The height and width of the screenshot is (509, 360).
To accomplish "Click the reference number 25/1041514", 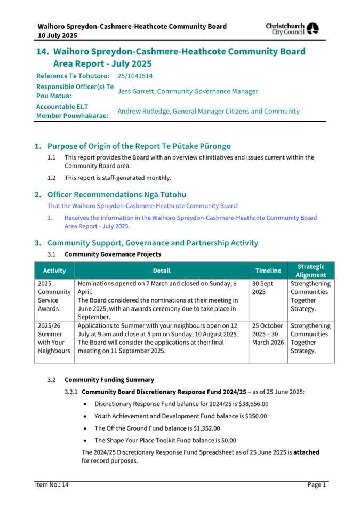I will click(135, 76).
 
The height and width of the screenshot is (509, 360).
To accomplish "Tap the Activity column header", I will click(54, 271).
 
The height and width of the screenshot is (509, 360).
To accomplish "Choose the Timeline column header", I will click(268, 271).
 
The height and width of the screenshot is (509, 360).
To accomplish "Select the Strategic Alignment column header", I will click(310, 270).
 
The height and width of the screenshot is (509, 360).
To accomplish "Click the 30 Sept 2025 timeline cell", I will click(262, 288).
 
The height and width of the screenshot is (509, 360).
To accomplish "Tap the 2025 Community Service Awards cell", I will click(54, 297).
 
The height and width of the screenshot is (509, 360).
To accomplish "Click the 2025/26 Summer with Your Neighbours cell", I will click(54, 338).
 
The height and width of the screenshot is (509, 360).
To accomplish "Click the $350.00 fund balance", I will click(256, 416).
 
